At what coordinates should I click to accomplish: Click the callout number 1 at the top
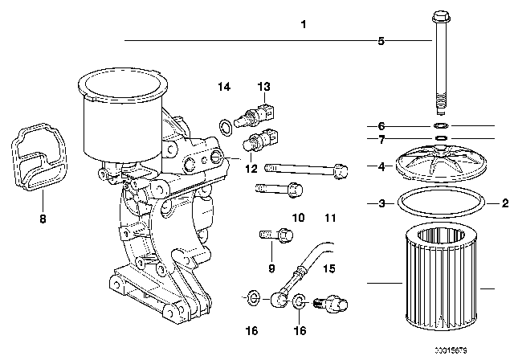304,25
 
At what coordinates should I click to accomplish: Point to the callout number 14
224,86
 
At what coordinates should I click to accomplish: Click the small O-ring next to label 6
439,126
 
